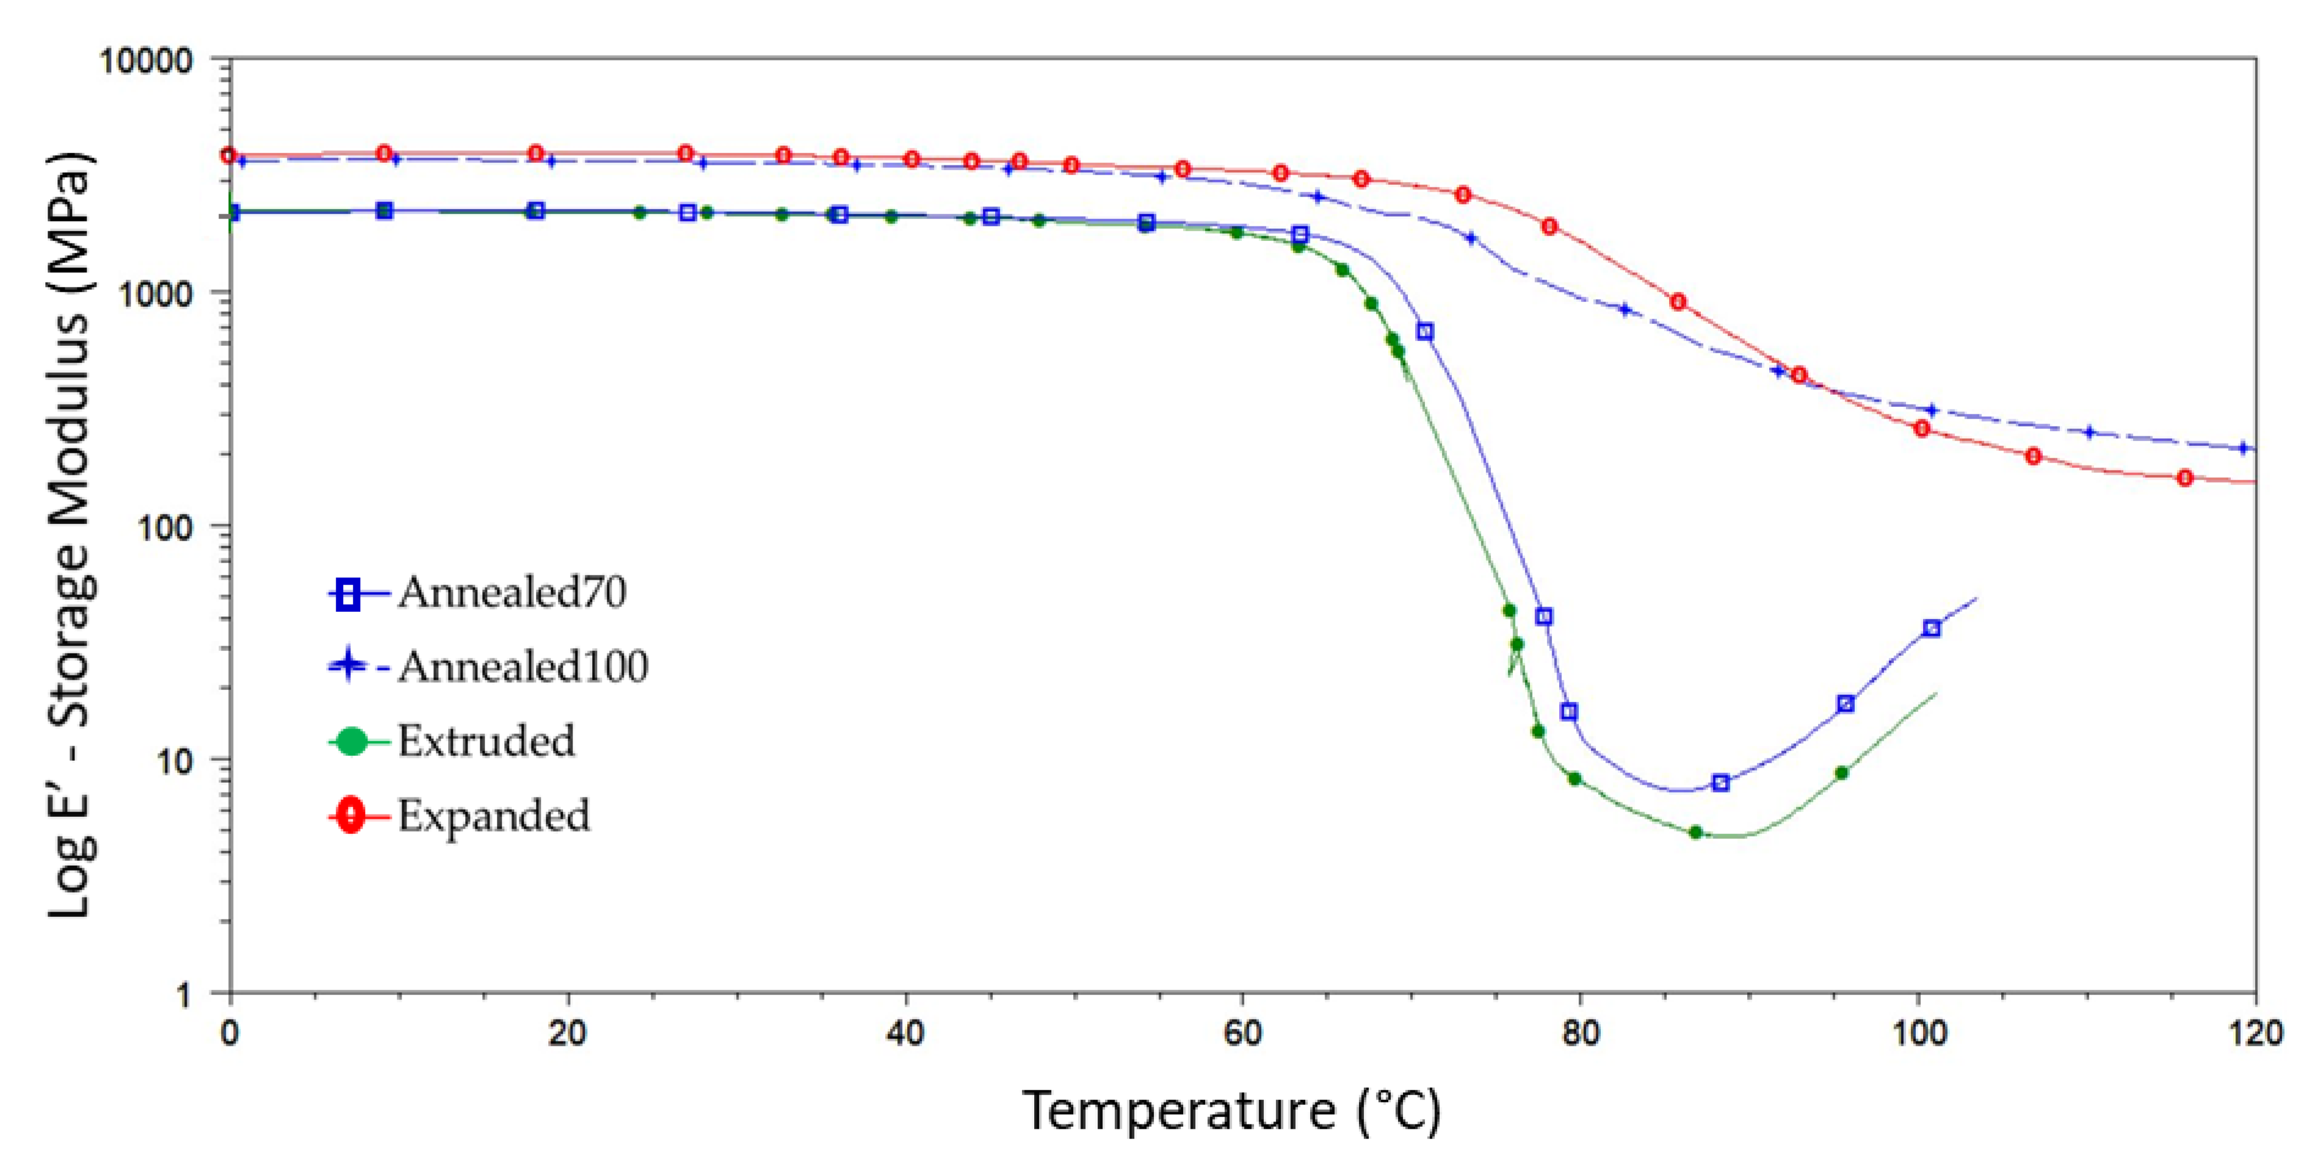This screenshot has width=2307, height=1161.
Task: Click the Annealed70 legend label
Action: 512,592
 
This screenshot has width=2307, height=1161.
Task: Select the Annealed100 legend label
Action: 523,667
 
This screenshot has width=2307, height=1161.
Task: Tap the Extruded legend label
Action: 487,741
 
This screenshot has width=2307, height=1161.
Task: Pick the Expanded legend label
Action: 493,816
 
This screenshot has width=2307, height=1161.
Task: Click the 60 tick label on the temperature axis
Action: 1242,1035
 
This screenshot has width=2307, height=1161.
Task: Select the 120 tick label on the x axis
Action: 2253,1035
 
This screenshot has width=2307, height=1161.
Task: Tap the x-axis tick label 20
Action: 567,1035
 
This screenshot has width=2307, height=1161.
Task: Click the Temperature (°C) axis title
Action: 1231,1112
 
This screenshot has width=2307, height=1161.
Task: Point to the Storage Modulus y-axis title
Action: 70,537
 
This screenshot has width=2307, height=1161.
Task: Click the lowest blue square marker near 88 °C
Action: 1720,783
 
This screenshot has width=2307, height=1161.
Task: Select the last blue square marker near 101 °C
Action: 1932,628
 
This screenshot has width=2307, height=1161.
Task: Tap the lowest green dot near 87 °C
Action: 1695,833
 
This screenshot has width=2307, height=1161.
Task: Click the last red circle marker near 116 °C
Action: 2185,478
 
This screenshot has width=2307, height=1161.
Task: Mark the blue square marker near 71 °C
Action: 1425,332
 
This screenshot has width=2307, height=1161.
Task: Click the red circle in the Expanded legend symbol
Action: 351,816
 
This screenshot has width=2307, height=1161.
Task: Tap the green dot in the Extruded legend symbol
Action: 352,741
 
